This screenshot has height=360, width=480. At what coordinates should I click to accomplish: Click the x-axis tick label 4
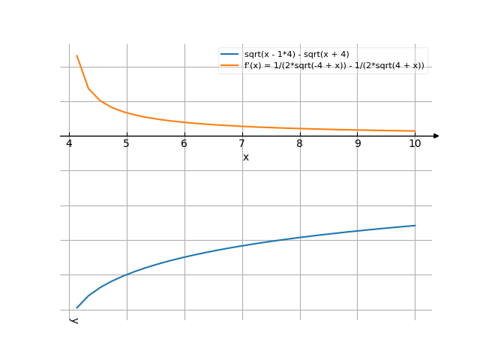tap(69, 144)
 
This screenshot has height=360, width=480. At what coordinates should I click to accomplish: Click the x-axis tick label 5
tap(127, 144)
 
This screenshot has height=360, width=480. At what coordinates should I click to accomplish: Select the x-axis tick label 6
tap(184, 144)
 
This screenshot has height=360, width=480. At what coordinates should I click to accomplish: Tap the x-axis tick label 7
tap(242, 144)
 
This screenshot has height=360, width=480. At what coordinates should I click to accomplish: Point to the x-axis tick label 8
tap(300, 144)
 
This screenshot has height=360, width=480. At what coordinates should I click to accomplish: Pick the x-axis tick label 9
tap(358, 144)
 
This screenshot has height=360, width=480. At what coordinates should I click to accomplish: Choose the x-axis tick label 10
tap(415, 144)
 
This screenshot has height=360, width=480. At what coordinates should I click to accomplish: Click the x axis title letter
tap(246, 157)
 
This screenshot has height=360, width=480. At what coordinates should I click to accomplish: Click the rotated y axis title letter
tap(73, 321)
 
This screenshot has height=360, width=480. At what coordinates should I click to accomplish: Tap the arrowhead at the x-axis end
tap(436, 136)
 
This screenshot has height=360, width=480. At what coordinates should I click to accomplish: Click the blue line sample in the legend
tap(229, 55)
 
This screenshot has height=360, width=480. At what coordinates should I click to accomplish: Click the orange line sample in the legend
tap(229, 66)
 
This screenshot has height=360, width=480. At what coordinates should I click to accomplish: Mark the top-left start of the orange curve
tap(76, 55)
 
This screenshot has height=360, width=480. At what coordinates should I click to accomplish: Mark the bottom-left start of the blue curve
tap(76, 307)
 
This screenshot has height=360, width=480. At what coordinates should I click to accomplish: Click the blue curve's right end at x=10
tap(415, 225)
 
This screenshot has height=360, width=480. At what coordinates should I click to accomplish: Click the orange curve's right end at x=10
tap(415, 131)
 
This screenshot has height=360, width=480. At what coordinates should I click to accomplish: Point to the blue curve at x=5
tap(127, 274)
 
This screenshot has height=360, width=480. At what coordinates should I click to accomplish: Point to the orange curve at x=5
tap(127, 113)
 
